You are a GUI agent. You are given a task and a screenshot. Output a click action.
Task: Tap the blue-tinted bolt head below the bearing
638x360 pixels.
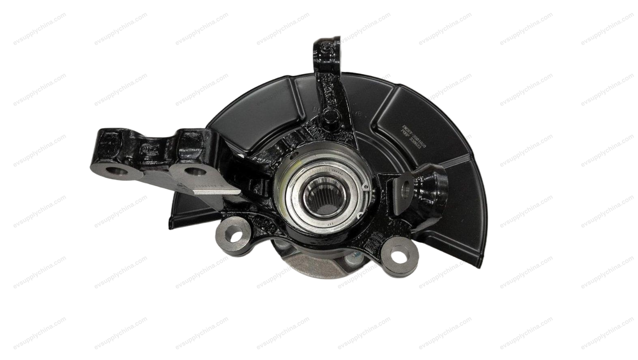point(356,254)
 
